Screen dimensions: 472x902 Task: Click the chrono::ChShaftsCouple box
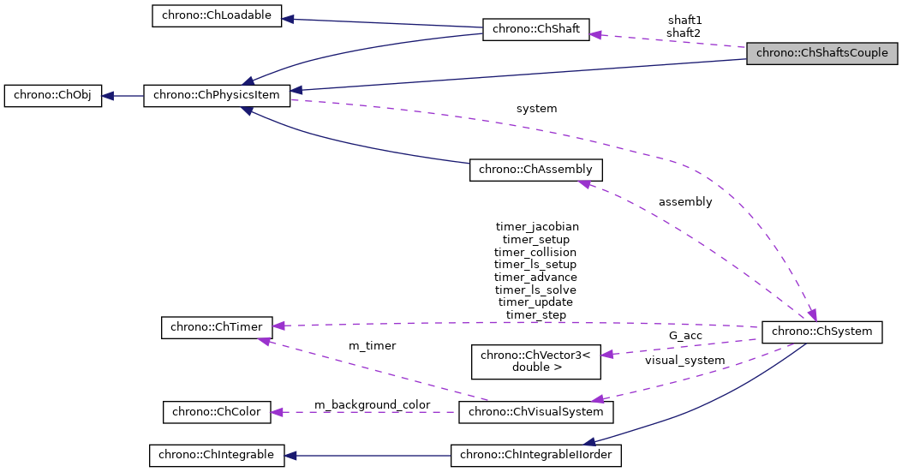[x=822, y=53]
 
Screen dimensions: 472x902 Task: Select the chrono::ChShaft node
[x=536, y=29]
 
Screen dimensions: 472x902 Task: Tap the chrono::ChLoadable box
[x=217, y=16]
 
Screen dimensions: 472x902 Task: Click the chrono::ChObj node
[x=52, y=95]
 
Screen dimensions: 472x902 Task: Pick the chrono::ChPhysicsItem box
[x=217, y=95]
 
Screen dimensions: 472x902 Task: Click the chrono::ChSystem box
[x=822, y=331]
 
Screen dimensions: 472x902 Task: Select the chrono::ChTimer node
[x=217, y=326]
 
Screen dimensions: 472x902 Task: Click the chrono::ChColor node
[x=217, y=412]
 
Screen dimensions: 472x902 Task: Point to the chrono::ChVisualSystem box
[x=536, y=412]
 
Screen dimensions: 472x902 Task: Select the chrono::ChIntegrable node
[x=217, y=455]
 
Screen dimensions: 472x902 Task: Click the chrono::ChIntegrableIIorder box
[x=536, y=455]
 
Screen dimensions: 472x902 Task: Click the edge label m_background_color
[x=372, y=404]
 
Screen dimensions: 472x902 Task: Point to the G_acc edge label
[x=686, y=336]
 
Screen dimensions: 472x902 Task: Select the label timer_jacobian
[x=537, y=227]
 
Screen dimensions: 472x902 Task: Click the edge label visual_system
[x=684, y=361]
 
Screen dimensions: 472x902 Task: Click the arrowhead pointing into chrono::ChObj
[x=108, y=95]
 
